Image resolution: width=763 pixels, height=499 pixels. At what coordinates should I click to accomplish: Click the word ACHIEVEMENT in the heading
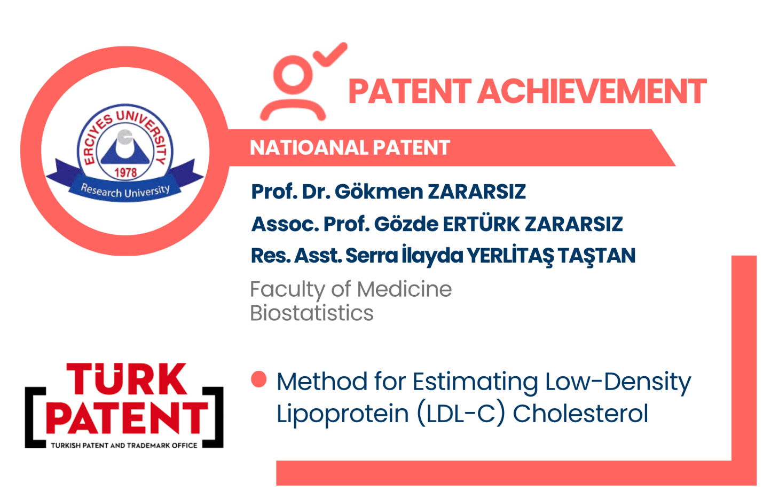click(x=592, y=91)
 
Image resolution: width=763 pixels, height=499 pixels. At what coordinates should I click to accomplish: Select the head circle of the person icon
click(x=293, y=75)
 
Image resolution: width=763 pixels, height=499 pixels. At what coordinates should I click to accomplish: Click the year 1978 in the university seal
click(x=125, y=173)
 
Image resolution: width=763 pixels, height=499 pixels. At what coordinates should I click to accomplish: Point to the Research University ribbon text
click(x=125, y=191)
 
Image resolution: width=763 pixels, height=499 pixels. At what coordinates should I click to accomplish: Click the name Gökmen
click(x=379, y=192)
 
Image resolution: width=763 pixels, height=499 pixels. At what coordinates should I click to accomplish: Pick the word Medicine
click(x=404, y=289)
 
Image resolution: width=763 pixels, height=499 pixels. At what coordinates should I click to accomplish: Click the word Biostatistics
click(x=312, y=313)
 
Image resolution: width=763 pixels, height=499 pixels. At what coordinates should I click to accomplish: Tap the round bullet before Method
click(x=259, y=379)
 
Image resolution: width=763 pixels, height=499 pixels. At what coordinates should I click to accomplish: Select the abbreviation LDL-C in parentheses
click(x=461, y=414)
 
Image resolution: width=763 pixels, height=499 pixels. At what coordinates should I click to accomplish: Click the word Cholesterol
click(x=580, y=414)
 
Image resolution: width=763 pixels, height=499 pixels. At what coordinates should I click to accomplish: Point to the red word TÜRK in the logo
click(x=127, y=379)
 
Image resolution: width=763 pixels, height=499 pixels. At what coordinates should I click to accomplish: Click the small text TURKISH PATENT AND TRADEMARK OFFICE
click(x=124, y=445)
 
